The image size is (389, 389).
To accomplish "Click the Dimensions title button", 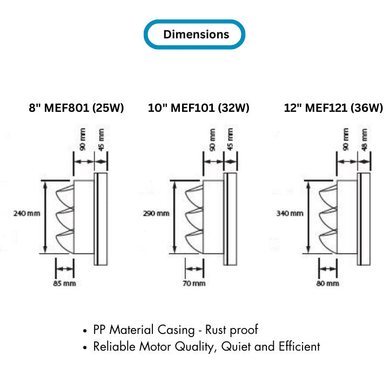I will (x=194, y=35).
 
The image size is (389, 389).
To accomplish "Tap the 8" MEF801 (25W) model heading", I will (x=76, y=108).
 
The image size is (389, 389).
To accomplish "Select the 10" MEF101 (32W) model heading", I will (x=199, y=108).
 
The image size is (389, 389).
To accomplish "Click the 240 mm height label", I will (x=26, y=213).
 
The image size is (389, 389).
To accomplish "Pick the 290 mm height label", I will (x=156, y=213).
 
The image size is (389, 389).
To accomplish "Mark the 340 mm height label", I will (x=290, y=213).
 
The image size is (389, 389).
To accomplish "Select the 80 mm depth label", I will (x=328, y=283).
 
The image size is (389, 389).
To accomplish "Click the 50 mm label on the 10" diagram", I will (x=213, y=139).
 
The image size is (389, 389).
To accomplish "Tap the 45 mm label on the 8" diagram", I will (x=102, y=139).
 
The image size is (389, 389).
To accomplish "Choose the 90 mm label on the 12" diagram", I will (x=346, y=139).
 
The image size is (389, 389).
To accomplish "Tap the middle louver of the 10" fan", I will (x=193, y=216).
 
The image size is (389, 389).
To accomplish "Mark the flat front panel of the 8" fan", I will (x=100, y=219).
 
